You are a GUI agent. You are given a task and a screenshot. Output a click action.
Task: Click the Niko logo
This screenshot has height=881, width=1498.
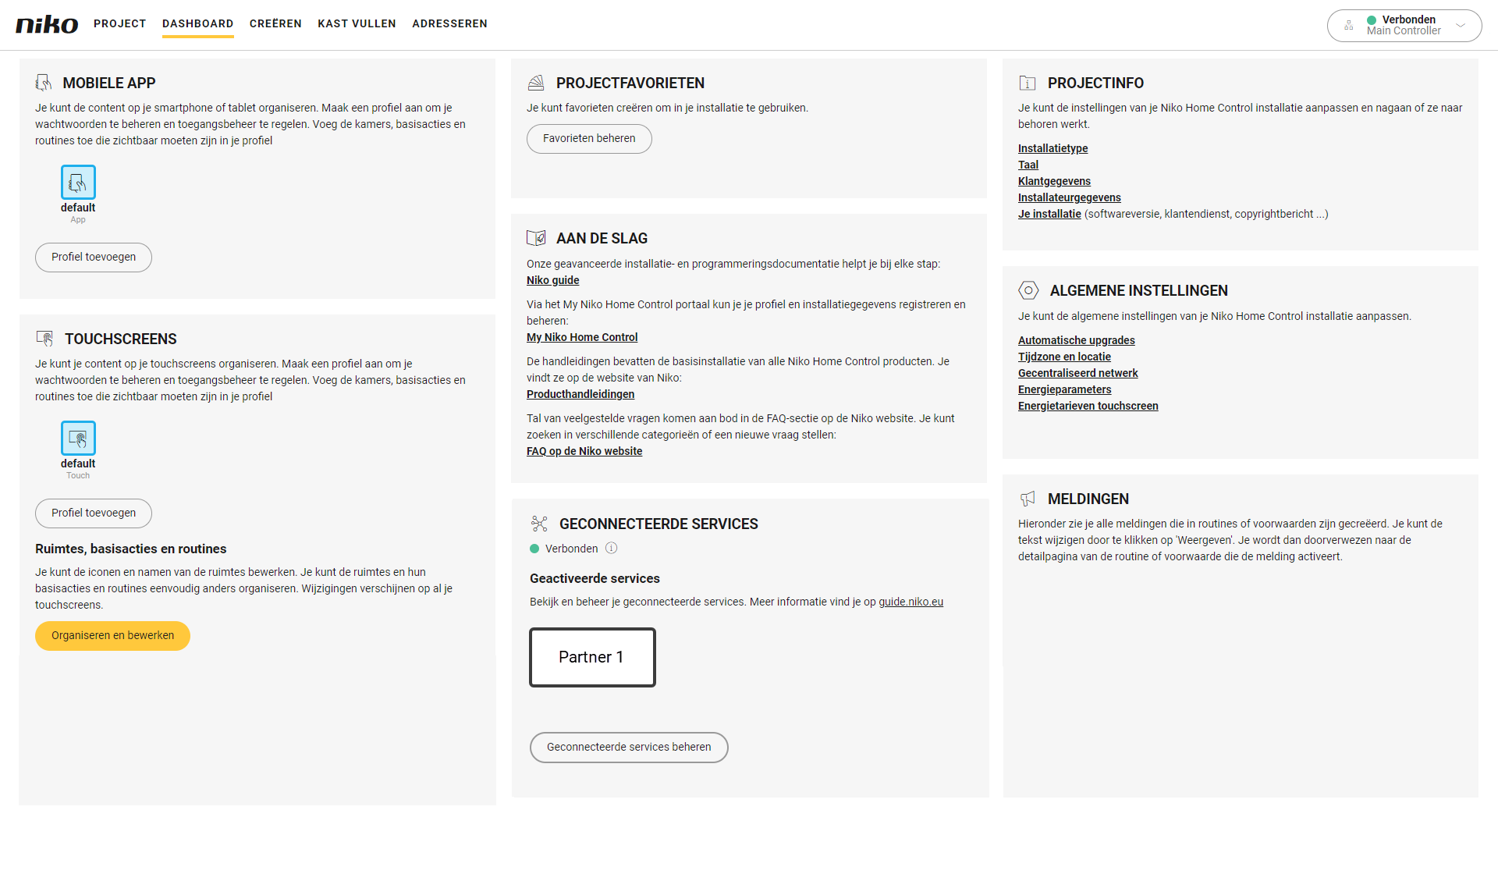click(x=47, y=24)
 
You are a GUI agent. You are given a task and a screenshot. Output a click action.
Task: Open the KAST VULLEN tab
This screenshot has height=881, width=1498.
click(x=357, y=23)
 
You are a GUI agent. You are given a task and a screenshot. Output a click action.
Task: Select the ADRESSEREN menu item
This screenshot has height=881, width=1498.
click(x=449, y=23)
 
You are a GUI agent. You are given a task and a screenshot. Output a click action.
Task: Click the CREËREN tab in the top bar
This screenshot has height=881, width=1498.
click(x=275, y=23)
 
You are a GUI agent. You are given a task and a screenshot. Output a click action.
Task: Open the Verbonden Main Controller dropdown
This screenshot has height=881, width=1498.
click(x=1404, y=26)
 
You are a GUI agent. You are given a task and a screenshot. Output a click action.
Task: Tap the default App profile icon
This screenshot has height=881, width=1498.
click(x=78, y=182)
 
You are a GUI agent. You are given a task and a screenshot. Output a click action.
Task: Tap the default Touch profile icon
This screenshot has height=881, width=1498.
click(x=78, y=438)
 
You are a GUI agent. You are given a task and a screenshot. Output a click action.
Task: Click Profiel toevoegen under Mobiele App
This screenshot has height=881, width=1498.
click(x=94, y=257)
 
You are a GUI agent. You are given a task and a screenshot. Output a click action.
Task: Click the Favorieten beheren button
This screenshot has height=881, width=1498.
click(x=589, y=138)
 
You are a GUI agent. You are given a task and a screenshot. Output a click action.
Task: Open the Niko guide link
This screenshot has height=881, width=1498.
click(x=552, y=280)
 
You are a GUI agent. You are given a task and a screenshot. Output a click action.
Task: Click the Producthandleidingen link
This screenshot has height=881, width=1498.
click(x=580, y=394)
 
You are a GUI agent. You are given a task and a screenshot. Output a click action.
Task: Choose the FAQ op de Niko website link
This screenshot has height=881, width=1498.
click(x=584, y=451)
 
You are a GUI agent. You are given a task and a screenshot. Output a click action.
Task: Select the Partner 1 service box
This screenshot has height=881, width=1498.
click(x=592, y=657)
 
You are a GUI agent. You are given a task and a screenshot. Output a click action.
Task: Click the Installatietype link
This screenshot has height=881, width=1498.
click(x=1053, y=148)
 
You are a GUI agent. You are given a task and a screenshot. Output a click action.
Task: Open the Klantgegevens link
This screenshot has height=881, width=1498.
click(x=1054, y=181)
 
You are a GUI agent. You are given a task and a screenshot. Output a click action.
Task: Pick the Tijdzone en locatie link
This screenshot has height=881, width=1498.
click(x=1064, y=357)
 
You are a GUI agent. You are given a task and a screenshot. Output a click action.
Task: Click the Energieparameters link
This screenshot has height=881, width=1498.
click(x=1064, y=389)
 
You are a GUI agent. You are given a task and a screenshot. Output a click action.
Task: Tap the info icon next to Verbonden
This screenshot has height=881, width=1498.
click(x=612, y=548)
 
